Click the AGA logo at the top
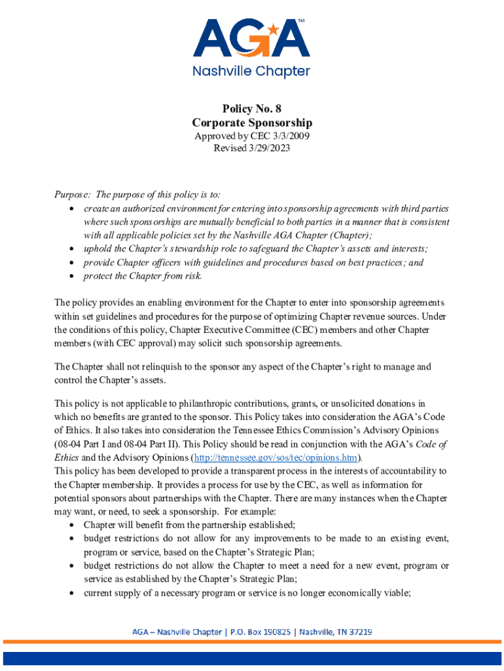point(251,39)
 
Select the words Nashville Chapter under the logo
point(251,71)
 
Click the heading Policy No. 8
point(252,109)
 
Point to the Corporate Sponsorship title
point(252,123)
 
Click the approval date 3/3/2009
point(288,136)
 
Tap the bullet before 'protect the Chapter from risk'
point(71,276)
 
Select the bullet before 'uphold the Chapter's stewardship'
point(71,249)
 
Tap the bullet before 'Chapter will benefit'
point(71,525)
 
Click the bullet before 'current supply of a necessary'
point(71,593)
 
